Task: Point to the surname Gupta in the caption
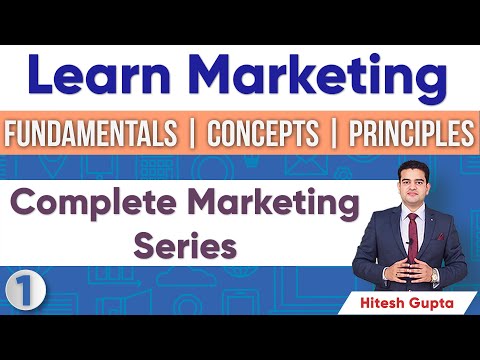432,300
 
